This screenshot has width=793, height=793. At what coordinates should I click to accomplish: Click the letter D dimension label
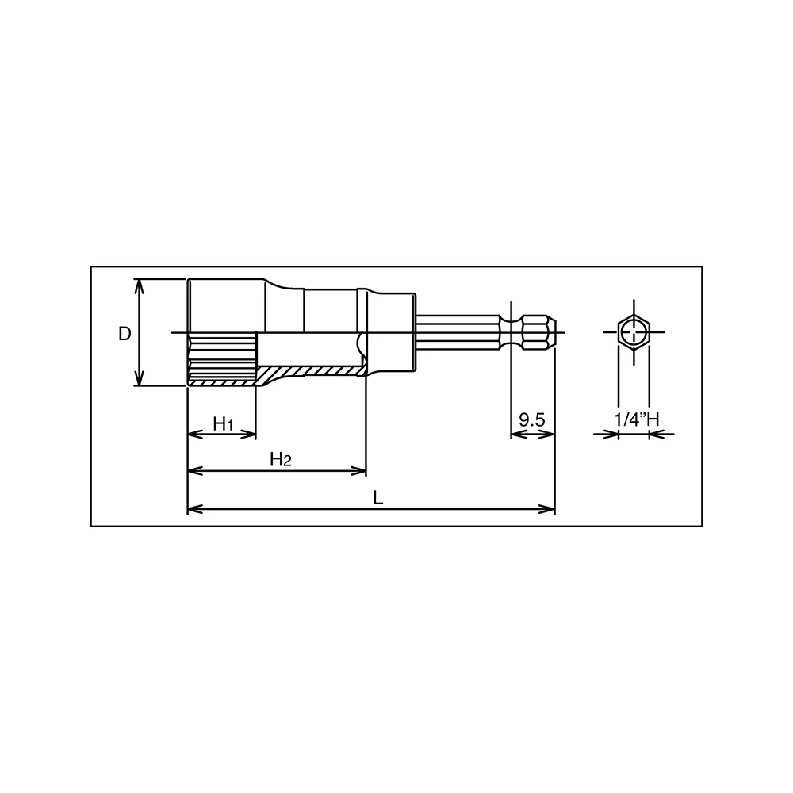pos(125,334)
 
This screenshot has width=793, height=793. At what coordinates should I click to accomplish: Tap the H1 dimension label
pos(223,423)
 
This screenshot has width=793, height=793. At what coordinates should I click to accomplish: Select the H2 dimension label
pos(281,459)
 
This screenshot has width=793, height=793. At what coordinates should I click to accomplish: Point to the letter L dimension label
pos(377,498)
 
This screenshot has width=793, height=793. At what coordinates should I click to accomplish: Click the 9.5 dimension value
pos(532,419)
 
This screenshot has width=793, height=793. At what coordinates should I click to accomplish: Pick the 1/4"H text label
pos(636,419)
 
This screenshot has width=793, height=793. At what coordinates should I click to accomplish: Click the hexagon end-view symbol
pos(634,332)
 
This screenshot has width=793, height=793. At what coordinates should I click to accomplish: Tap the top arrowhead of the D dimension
pos(139,286)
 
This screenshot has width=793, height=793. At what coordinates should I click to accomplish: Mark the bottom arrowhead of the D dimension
pos(139,377)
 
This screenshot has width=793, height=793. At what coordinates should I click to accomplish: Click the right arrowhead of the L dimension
pos(547,509)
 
